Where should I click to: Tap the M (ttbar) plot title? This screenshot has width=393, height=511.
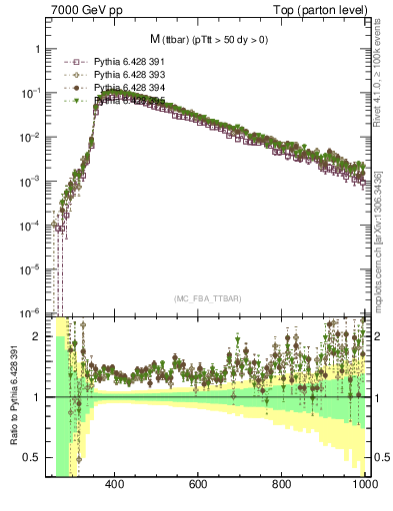click(210, 39)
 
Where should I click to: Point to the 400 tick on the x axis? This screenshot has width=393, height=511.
click(113, 485)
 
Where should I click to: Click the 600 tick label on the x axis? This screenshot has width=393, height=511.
click(198, 485)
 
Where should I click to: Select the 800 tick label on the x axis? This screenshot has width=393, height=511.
click(282, 485)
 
